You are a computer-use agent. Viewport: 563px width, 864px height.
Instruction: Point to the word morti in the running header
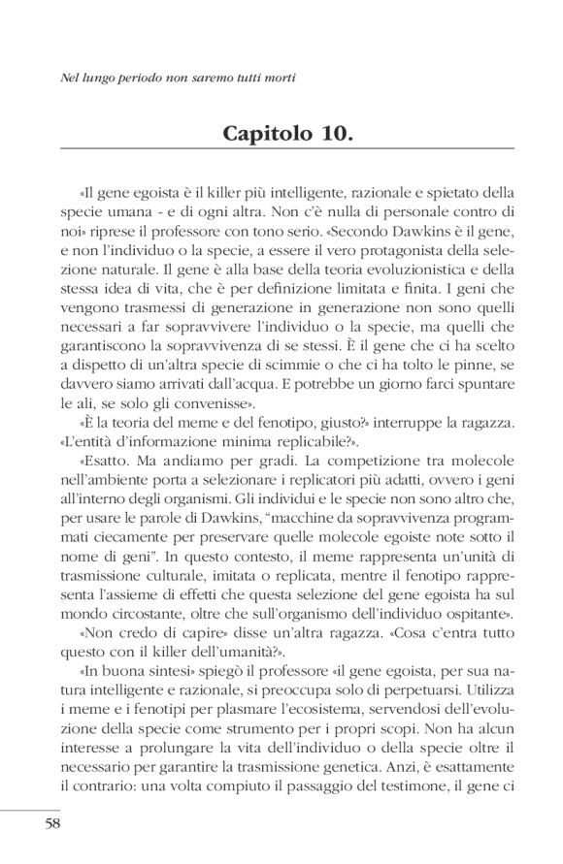tap(276, 77)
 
